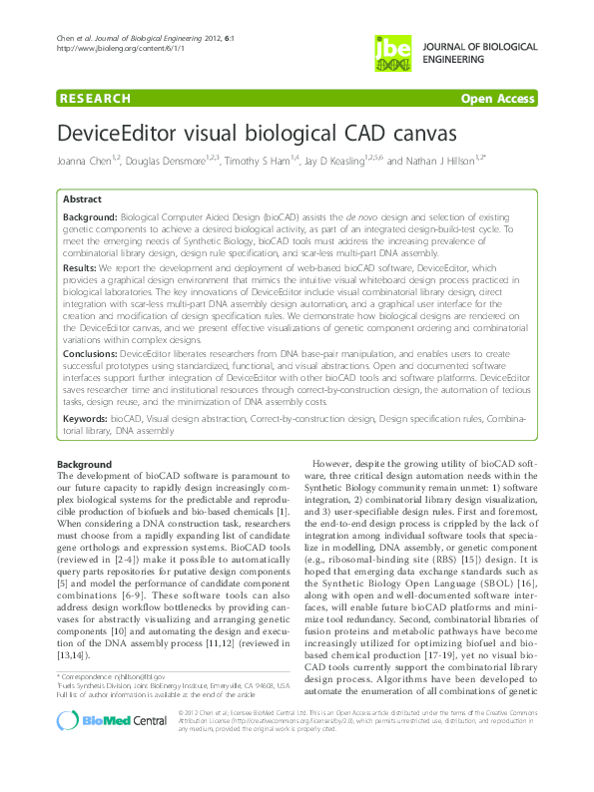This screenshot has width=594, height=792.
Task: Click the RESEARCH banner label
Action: pyautogui.click(x=96, y=99)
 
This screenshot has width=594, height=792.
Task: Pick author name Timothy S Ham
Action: pyautogui.click(x=251, y=162)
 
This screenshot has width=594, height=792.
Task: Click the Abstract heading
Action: pyautogui.click(x=82, y=199)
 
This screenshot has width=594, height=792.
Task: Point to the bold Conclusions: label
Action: pyautogui.click(x=92, y=352)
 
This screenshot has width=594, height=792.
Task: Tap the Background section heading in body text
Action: pyautogui.click(x=84, y=465)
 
